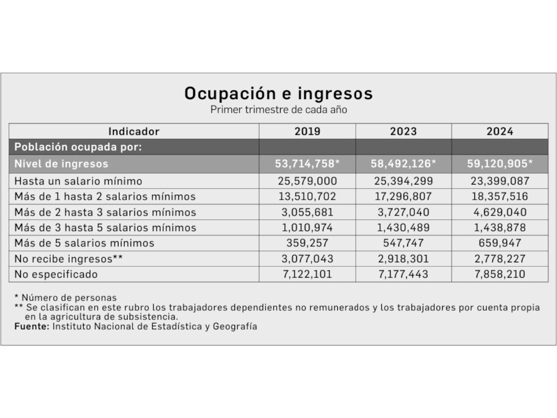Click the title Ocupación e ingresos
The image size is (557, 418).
point(278,94)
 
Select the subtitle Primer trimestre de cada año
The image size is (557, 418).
point(278,109)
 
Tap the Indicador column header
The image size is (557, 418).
point(134,132)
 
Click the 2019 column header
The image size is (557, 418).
point(307,132)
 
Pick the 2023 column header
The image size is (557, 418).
point(404,132)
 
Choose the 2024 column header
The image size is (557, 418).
point(500,132)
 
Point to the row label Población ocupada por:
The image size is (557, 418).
point(78,147)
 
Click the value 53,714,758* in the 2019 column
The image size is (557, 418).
point(308,164)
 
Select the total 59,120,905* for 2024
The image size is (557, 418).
point(500,164)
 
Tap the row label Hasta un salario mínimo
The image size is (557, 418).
point(78,181)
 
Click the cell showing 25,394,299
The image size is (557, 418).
point(403,181)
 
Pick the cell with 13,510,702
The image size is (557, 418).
point(307,196)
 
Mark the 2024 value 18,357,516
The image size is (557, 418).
point(500,196)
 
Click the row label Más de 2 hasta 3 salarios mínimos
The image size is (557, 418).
point(105,212)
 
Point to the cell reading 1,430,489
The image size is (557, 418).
point(403,228)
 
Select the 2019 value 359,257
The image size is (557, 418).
point(307,243)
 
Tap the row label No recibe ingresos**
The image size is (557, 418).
point(69,259)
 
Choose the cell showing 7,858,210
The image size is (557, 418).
point(500,274)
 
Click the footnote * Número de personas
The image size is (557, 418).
point(65,298)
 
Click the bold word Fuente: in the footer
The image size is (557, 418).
point(32,327)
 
